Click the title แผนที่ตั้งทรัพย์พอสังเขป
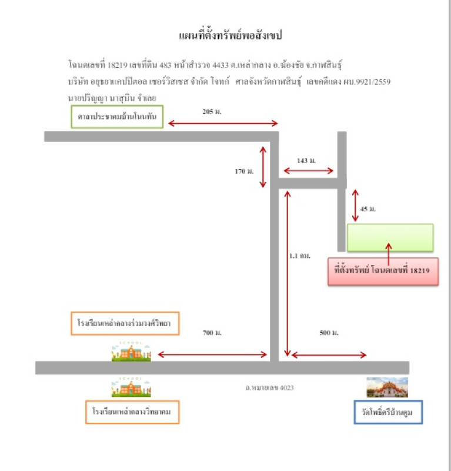(x=230, y=36)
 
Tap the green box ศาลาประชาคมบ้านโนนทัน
(x=116, y=117)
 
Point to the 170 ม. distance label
(x=243, y=171)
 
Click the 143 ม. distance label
(x=306, y=160)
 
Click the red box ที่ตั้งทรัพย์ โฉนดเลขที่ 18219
(x=383, y=271)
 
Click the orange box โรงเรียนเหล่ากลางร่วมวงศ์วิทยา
(x=124, y=323)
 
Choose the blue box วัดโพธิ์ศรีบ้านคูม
(x=388, y=412)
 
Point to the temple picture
(x=387, y=387)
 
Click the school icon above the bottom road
(x=131, y=351)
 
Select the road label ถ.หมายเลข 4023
(x=269, y=387)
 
